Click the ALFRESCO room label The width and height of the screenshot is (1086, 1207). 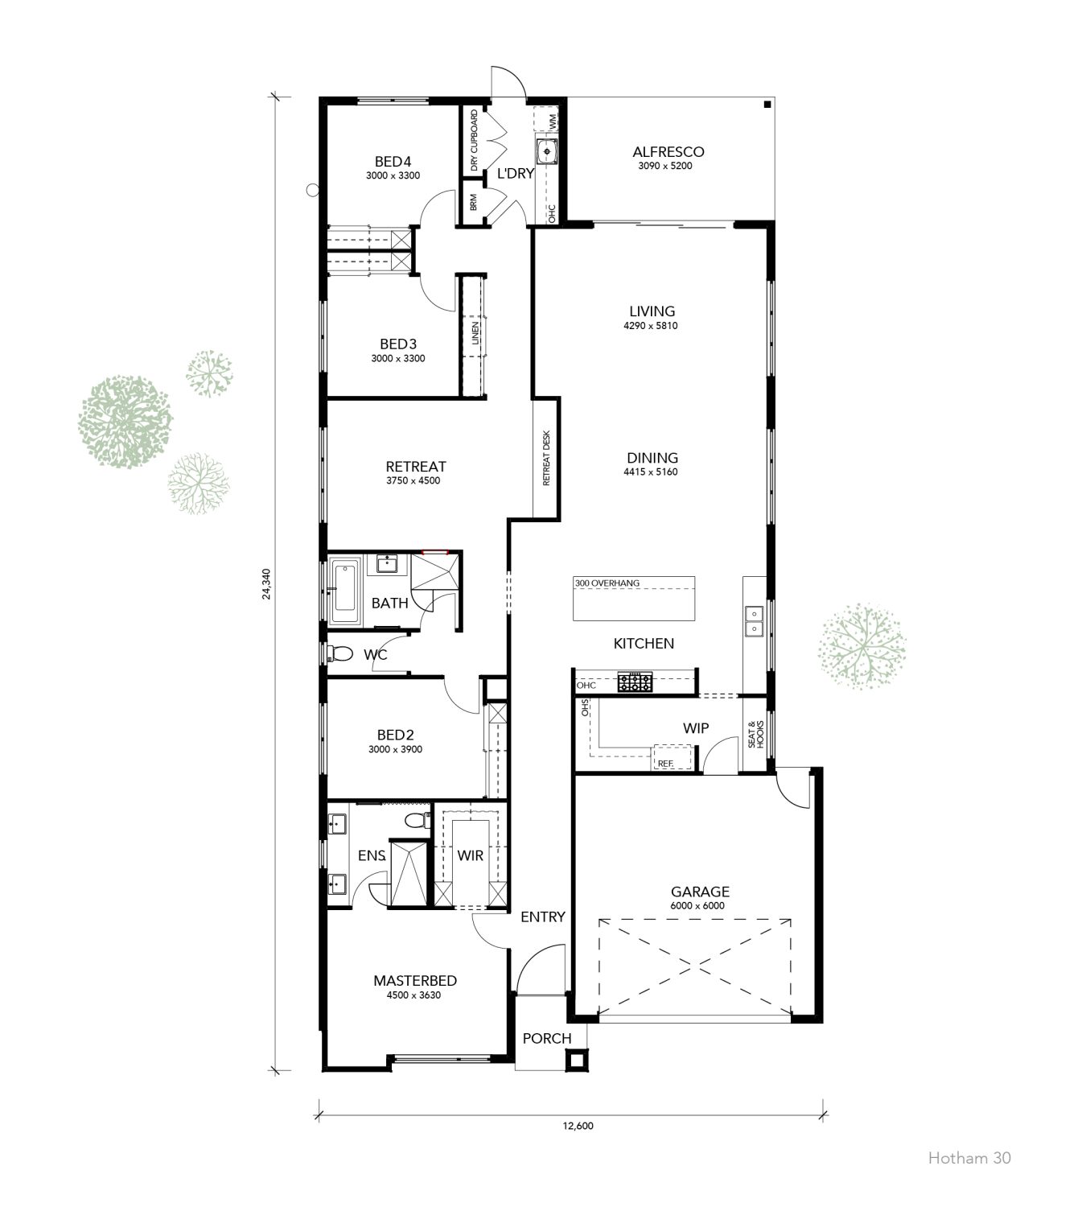[668, 151]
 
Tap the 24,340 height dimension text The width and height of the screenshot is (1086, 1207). [267, 583]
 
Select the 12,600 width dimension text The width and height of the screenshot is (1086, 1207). [578, 1126]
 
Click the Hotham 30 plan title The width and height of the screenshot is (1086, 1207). [969, 1158]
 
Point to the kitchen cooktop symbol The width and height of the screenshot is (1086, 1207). [635, 682]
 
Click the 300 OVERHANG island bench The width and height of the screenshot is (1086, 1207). [634, 599]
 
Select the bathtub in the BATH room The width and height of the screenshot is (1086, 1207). [348, 591]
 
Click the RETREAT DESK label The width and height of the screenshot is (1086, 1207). [546, 458]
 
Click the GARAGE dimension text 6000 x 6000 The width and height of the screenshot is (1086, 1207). [697, 905]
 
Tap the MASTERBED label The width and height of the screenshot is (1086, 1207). [415, 980]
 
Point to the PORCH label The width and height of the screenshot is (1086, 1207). [547, 1038]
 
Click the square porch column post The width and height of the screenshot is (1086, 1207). [575, 1061]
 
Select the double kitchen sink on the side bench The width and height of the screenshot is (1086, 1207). [754, 620]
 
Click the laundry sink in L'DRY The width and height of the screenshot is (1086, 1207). [546, 150]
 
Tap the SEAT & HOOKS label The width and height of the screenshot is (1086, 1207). [755, 734]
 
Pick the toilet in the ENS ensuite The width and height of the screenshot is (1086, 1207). [416, 820]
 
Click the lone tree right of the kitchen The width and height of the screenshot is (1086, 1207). [862, 645]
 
